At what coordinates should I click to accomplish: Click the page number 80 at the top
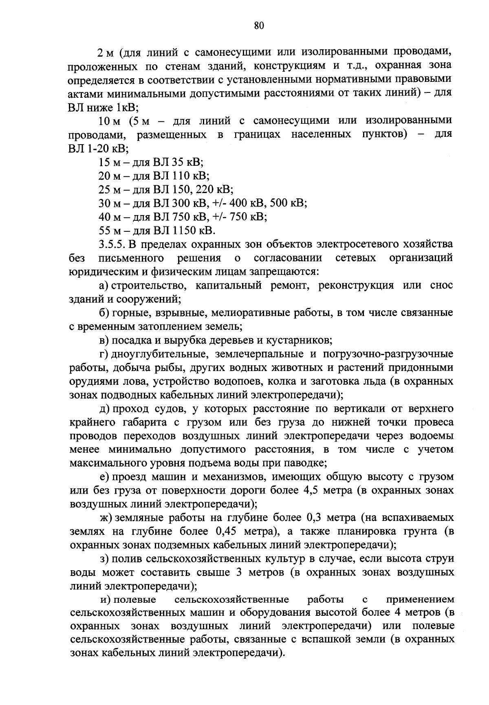pos(259,26)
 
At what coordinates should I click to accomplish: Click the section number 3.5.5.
pos(112,244)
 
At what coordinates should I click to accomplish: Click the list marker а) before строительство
pos(104,285)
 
